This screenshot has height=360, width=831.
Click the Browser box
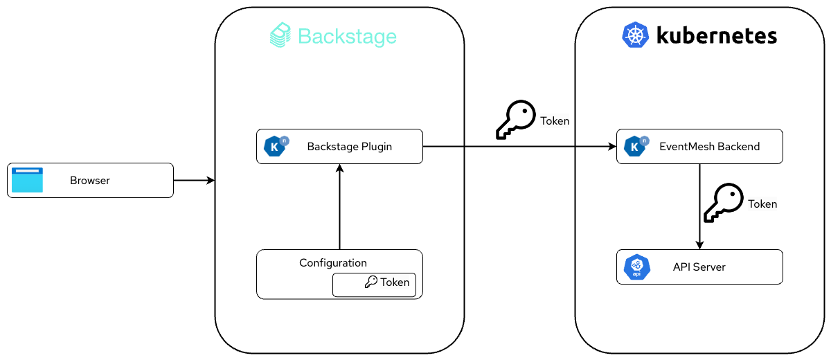[90, 181]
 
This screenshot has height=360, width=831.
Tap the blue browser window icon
[27, 180]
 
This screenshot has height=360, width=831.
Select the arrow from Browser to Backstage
[194, 181]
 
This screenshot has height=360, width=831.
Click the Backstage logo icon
[280, 36]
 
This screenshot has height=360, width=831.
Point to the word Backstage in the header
[347, 36]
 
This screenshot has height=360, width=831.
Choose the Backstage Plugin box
[339, 146]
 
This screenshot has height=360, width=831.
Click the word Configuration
[333, 263]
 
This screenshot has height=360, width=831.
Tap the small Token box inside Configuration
[374, 284]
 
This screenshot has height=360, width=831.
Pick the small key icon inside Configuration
[370, 282]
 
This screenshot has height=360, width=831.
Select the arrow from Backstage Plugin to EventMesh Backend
[519, 146]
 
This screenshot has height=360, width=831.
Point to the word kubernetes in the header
[716, 36]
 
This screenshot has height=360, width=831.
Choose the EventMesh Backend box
[699, 146]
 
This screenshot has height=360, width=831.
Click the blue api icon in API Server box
[636, 267]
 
